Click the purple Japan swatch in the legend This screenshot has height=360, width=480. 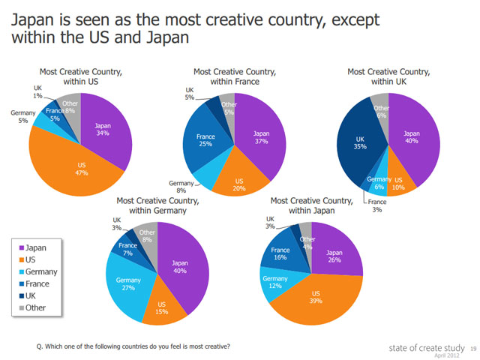point(20,247)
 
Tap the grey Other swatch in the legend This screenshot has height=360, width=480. point(20,308)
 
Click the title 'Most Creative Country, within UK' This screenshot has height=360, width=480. point(388,76)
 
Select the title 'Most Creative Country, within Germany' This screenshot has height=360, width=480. point(157,205)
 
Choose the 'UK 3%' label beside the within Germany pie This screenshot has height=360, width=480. point(116,223)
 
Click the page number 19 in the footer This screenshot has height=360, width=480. point(472,349)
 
